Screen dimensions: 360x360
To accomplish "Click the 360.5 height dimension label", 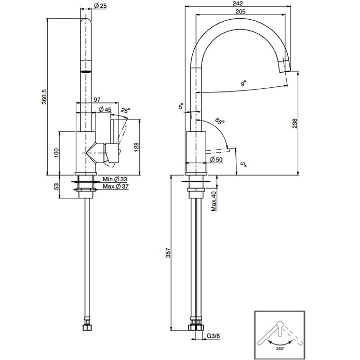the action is pos(44,97).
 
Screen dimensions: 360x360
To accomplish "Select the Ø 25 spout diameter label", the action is pos(100,6).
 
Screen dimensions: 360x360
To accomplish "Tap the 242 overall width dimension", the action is pos(237,3).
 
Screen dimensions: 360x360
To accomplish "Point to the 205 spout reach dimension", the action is pos(241,11).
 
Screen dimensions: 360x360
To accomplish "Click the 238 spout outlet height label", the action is pos(295,124).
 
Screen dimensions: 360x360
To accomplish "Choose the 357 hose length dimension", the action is pos(168,252).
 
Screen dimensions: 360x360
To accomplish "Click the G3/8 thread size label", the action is pos(214,336).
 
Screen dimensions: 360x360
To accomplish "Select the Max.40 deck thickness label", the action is pos(214,201).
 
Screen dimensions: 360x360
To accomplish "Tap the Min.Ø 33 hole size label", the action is pos(115,179).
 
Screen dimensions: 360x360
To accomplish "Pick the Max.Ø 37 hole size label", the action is pos(115,186).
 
